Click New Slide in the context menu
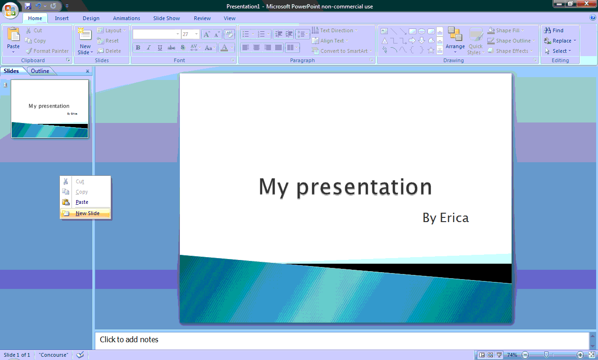click(87, 213)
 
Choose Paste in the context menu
click(82, 202)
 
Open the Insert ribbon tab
click(62, 18)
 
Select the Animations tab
click(126, 18)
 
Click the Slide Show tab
click(166, 18)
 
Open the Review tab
click(202, 18)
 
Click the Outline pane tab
click(40, 71)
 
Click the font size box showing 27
click(188, 34)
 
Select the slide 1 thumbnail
click(50, 108)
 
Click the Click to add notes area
click(341, 340)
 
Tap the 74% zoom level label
click(512, 355)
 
